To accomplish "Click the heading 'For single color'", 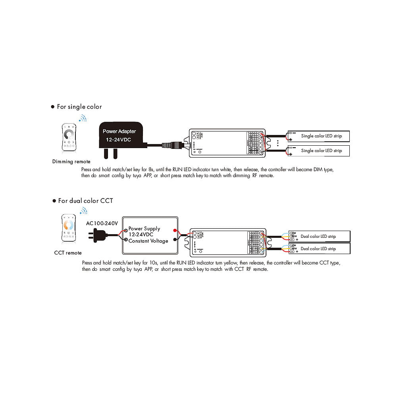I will [79, 107].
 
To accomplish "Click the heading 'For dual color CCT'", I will [85, 201].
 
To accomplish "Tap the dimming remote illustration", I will [69, 137].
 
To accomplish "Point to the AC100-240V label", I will [102, 223].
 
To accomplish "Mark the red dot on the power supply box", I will [175, 230].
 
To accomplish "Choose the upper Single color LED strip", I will [319, 136].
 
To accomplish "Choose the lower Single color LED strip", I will [319, 151].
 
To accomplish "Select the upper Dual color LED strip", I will [319, 236].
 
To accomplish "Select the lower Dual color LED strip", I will [319, 249].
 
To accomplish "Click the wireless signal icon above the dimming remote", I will [82, 118].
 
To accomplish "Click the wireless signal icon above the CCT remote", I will [83, 210].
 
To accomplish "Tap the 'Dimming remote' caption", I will [71, 162].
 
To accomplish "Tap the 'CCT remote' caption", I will [68, 253].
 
